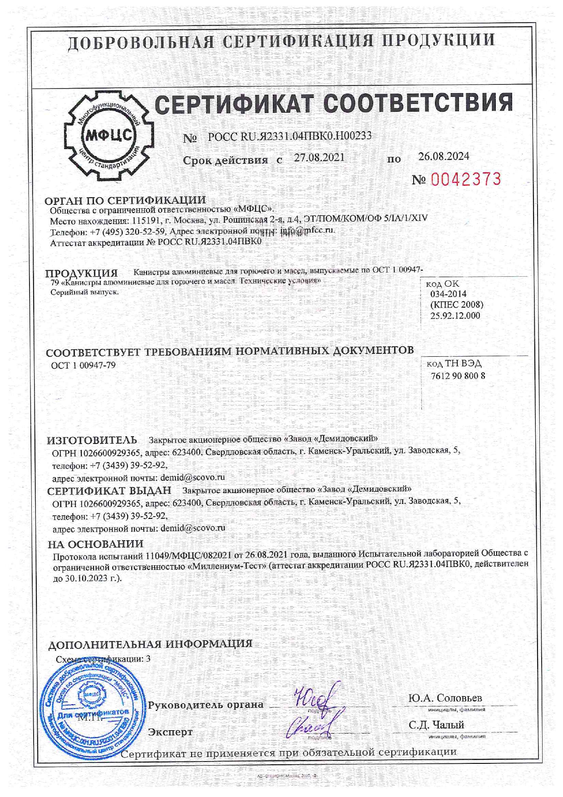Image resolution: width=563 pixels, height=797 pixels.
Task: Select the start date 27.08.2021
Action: tap(319, 158)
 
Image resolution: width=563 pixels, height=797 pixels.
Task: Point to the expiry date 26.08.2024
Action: tap(444, 156)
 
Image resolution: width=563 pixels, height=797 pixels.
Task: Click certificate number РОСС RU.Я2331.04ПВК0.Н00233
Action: tap(290, 136)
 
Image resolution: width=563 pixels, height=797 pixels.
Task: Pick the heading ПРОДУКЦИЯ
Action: tap(81, 273)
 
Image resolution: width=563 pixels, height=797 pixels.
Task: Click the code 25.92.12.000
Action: tap(455, 315)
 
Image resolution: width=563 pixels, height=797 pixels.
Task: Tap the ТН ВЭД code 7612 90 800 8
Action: tap(458, 376)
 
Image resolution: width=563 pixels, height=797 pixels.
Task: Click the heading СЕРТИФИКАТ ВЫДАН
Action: tap(109, 490)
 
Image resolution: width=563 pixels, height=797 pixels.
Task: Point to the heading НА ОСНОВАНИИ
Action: tap(96, 544)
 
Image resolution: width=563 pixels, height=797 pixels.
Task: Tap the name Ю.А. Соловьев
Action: tap(445, 698)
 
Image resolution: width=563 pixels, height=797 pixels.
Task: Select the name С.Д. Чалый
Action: tap(436, 725)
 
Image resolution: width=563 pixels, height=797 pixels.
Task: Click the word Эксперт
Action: tap(170, 732)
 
